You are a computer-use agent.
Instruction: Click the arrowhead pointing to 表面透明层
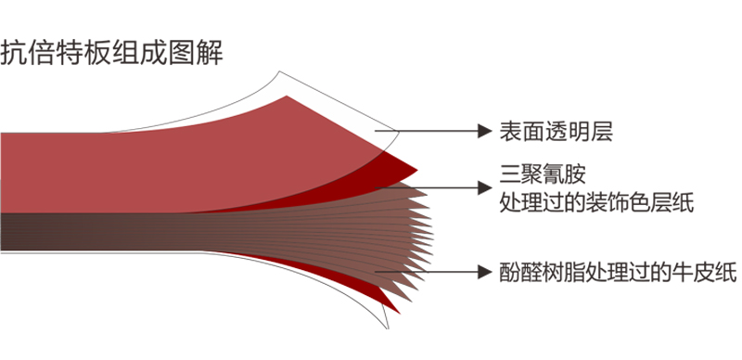pyautogui.click(x=482, y=132)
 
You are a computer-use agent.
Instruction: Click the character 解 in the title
pyautogui.click(x=209, y=52)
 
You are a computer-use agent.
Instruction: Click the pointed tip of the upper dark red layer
pyautogui.click(x=416, y=173)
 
